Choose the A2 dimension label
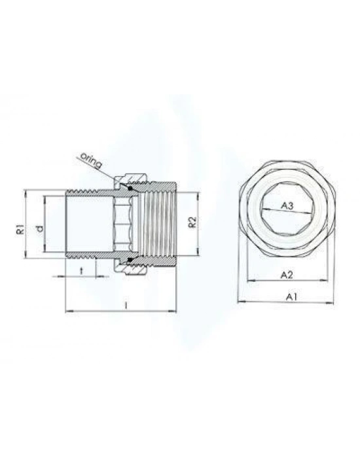tap(285, 275)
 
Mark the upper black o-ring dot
tap(130, 189)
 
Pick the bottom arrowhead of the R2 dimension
tap(196, 253)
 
